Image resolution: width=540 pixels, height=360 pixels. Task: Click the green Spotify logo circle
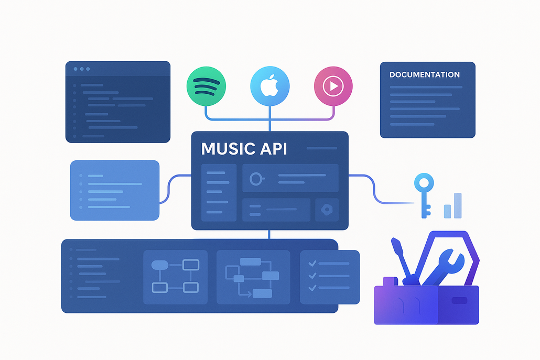click(206, 86)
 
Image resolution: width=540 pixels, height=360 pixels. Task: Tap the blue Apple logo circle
click(269, 86)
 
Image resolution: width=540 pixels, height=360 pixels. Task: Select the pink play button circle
click(333, 86)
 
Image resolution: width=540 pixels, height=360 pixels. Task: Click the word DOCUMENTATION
click(424, 75)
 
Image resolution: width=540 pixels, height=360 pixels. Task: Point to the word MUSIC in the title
click(227, 149)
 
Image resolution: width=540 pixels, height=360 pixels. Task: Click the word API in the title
click(273, 149)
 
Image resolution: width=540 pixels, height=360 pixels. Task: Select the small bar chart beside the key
click(453, 205)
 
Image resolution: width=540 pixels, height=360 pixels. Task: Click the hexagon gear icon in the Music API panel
click(327, 209)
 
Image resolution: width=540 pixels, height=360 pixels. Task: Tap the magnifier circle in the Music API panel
click(256, 179)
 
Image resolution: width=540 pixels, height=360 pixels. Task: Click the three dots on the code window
click(82, 69)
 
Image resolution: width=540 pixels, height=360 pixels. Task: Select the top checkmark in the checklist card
click(312, 264)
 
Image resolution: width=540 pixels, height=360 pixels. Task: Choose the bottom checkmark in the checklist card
click(312, 288)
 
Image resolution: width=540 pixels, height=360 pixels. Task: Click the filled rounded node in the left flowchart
click(159, 265)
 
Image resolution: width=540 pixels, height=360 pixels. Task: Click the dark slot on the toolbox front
click(459, 301)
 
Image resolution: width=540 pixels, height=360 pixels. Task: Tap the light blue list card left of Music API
click(114, 190)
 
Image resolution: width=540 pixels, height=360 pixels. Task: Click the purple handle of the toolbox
click(390, 281)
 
